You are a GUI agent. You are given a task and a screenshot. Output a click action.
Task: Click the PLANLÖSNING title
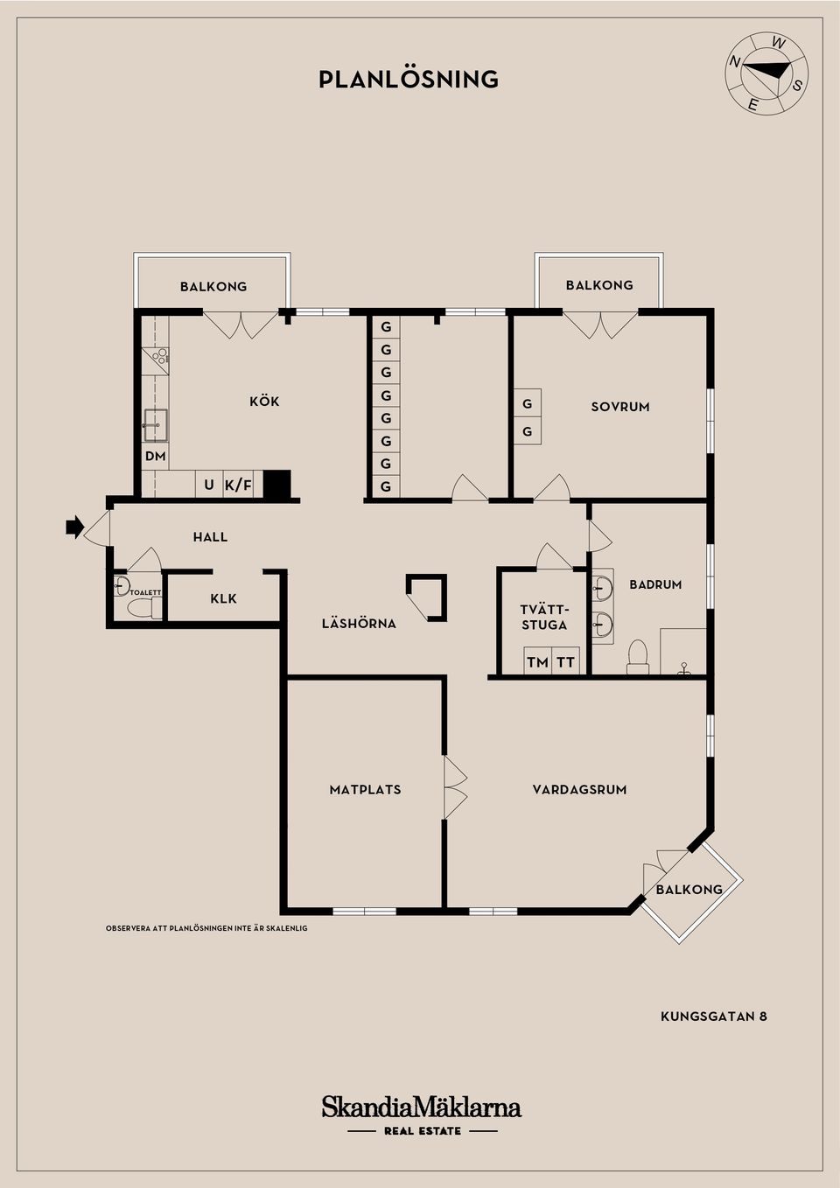pos(409,80)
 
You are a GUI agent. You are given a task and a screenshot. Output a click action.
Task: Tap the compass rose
pos(767,73)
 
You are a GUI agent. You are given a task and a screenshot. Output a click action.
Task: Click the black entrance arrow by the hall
pos(73,527)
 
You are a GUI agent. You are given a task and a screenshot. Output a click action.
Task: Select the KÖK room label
pos(264,402)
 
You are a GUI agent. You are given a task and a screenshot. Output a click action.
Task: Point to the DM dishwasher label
pos(155,457)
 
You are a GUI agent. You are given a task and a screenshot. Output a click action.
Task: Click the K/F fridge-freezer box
pos(238,485)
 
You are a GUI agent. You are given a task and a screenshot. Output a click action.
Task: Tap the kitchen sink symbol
pos(156,425)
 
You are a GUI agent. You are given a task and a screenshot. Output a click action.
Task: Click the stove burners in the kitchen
pos(158,356)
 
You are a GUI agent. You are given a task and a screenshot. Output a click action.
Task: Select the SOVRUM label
pos(619,407)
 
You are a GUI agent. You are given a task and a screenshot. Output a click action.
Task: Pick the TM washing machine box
pos(537,662)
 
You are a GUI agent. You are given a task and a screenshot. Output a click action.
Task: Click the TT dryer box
pos(566,662)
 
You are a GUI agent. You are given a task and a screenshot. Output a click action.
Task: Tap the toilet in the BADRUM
pos(638,657)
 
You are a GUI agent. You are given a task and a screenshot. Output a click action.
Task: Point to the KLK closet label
pos(223,599)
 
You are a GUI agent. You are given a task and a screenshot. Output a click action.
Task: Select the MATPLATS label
pos(365,790)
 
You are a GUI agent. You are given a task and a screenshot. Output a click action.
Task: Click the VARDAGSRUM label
pos(579,790)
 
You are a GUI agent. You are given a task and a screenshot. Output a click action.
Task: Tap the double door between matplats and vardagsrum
pos(454,788)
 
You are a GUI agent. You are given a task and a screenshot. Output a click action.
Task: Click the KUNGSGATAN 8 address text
pos(713,1017)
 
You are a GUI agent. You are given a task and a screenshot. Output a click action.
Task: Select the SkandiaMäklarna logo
pos(421,1108)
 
